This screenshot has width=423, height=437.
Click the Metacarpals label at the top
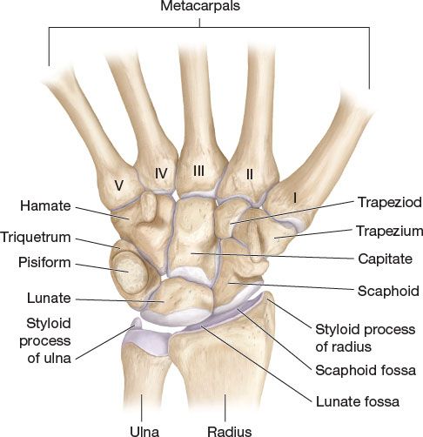coord(200,6)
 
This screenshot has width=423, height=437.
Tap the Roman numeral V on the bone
coord(118,185)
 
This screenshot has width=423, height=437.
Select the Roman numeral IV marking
coord(161,173)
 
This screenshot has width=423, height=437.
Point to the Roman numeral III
coord(199,171)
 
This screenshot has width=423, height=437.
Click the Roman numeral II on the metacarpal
coord(250,174)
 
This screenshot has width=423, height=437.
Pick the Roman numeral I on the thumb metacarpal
coord(295,198)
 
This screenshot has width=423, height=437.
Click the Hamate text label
coord(45,206)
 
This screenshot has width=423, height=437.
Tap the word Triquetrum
coord(36,238)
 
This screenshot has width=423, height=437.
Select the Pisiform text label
coord(44,263)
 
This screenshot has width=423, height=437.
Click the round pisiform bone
coord(129,271)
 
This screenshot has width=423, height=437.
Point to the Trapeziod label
coord(390,202)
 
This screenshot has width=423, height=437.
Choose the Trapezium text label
coord(389,232)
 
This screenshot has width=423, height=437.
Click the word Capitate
coord(385,259)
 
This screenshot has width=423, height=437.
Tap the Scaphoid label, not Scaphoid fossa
coord(388,291)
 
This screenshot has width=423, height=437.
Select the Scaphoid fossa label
coord(366,370)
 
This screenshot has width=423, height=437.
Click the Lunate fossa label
coord(358,401)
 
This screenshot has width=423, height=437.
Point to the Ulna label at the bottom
coord(144,431)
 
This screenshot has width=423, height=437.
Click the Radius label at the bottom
coord(230,431)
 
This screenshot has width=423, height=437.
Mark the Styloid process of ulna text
coord(45,340)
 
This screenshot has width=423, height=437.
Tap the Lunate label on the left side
coord(49,298)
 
